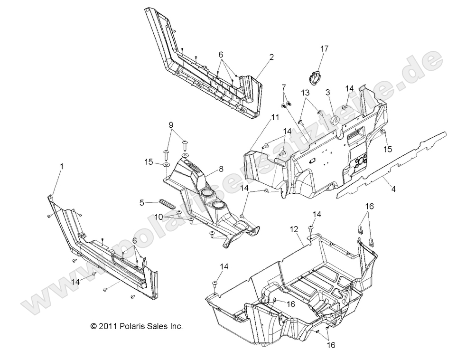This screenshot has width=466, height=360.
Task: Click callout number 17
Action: tap(324, 48)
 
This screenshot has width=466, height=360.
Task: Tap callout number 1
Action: tap(60, 167)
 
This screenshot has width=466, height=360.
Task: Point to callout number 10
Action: tap(158, 217)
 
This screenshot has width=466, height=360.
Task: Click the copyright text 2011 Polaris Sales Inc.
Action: tap(136, 327)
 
